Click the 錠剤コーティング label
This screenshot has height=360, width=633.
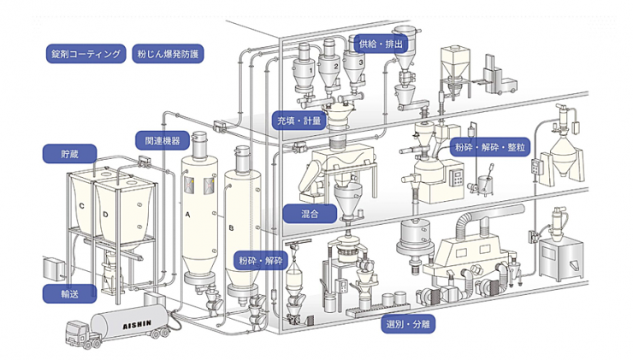tap(86, 54)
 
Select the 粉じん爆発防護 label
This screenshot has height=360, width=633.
tap(171, 54)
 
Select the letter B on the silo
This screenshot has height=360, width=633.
tap(232, 227)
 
